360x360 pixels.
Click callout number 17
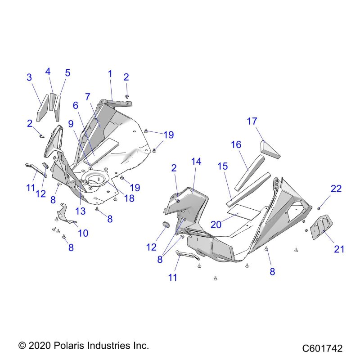[x=252, y=121]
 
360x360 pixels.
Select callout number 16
[x=236, y=144]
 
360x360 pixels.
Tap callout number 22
[x=336, y=189]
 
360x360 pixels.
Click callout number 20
[x=216, y=224]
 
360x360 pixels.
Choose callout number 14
[x=196, y=162]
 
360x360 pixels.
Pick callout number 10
[x=83, y=233]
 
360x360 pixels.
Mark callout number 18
[x=129, y=198]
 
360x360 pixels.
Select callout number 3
[x=29, y=77]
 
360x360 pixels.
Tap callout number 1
[x=110, y=73]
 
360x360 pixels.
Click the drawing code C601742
[x=322, y=348]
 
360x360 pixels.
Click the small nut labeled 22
[x=319, y=208]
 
